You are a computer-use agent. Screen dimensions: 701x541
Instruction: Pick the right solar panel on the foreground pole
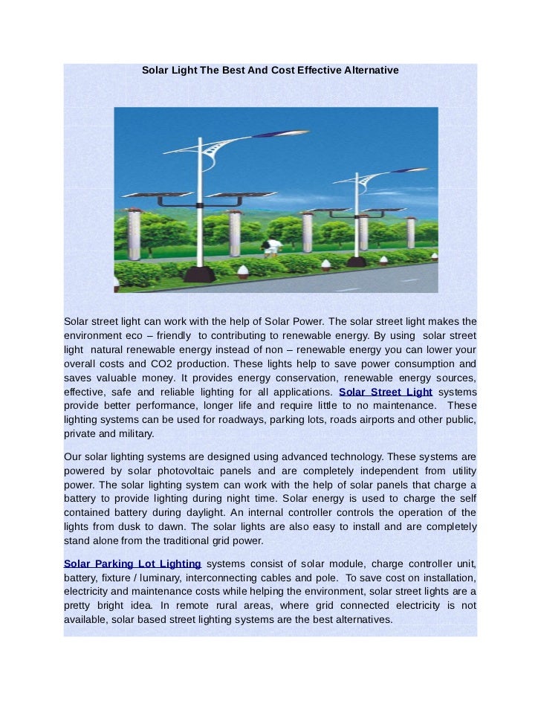(x=233, y=195)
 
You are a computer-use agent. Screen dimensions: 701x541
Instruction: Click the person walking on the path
(x=273, y=248)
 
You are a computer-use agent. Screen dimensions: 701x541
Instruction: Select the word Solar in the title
(x=155, y=70)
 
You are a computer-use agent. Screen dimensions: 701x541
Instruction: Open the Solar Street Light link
(x=385, y=392)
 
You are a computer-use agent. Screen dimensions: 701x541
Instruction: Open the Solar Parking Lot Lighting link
(x=132, y=563)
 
